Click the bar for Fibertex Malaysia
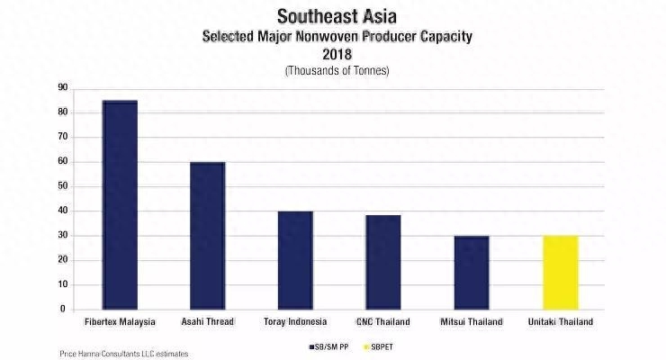[120, 205]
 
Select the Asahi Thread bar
[207, 236]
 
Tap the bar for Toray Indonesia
[295, 260]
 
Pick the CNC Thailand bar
[383, 262]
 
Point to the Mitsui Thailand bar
[472, 273]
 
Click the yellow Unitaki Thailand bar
[560, 273]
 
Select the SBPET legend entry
[371, 344]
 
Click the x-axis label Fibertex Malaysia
[120, 321]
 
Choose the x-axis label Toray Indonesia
[295, 321]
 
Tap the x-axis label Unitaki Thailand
[560, 321]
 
